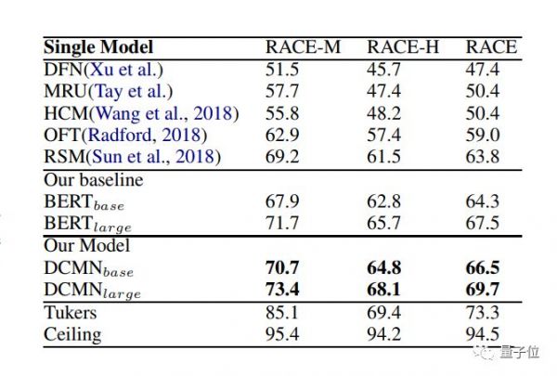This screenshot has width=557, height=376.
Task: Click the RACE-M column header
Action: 302,47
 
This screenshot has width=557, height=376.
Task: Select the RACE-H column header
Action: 402,47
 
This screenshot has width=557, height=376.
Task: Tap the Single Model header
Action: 98,47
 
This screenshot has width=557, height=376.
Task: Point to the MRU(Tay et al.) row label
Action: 108,90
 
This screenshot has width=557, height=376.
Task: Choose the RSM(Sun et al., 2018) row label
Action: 133,157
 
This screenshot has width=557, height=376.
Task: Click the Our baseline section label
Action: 94,180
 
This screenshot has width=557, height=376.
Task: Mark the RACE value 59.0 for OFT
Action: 483,136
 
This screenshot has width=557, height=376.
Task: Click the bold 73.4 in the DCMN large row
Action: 284,290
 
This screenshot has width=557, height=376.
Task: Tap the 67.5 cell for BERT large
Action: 483,224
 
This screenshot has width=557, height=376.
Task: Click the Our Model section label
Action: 87,246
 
